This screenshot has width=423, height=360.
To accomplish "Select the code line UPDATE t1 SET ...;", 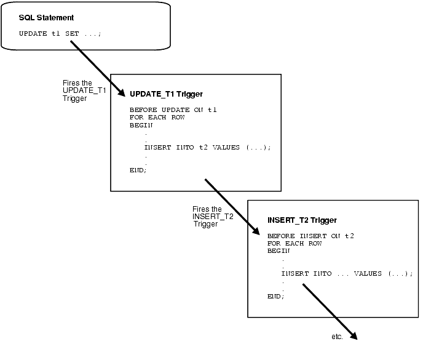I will pos(60,33).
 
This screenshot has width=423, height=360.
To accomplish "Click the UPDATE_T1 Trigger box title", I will pos(166,94).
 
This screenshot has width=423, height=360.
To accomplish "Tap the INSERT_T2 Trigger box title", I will pos(302,220).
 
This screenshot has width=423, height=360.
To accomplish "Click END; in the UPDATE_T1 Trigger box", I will pos(138,170).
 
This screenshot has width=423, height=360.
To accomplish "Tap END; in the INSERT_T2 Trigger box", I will pos(275,296).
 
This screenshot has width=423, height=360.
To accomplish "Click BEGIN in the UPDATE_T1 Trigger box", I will pos(141,124).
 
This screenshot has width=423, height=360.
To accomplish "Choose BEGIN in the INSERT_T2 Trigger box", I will pos(279,250).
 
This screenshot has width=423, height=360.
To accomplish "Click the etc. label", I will pos(336,337).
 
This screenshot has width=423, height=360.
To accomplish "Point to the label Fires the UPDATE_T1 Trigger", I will pos(84,90).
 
